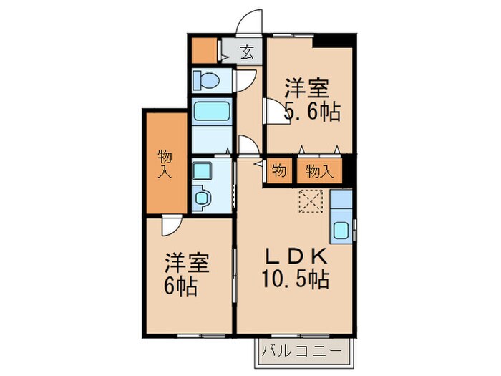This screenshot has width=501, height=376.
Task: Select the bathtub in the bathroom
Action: [211, 112]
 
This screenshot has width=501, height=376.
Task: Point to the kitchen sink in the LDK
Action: [341, 231]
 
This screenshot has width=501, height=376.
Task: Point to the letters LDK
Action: [298, 256]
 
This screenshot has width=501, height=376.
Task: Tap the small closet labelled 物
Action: [278, 171]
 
